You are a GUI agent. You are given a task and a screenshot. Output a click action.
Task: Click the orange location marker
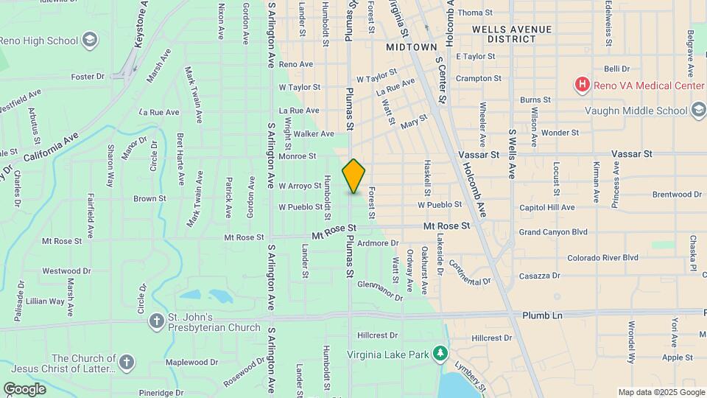pyautogui.click(x=353, y=175)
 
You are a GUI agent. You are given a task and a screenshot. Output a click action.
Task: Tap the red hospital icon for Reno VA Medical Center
pyautogui.click(x=582, y=85)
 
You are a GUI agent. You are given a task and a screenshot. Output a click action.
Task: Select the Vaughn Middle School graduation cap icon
pyautogui.click(x=699, y=111)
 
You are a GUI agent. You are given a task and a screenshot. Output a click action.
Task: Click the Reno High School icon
pyautogui.click(x=90, y=39)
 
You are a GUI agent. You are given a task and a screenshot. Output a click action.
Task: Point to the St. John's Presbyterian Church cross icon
pyautogui.click(x=156, y=321)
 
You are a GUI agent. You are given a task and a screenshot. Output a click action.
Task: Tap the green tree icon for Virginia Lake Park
pyautogui.click(x=440, y=354)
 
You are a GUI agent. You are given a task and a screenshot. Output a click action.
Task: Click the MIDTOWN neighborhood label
pyautogui.click(x=412, y=47)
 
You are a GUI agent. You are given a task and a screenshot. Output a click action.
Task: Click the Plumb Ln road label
pyautogui.click(x=542, y=315)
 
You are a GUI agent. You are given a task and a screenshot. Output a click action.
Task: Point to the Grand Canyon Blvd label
pyautogui.click(x=553, y=232)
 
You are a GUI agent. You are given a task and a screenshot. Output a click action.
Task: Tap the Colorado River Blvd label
pyautogui.click(x=602, y=258)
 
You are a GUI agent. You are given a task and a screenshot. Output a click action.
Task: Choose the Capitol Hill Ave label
pyautogui.click(x=547, y=208)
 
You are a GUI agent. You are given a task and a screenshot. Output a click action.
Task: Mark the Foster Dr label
pyautogui.click(x=88, y=76)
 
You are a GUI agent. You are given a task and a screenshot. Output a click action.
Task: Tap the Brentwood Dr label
pyautogui.click(x=677, y=195)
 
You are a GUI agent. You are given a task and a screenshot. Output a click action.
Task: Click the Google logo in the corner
pyautogui.click(x=24, y=388)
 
